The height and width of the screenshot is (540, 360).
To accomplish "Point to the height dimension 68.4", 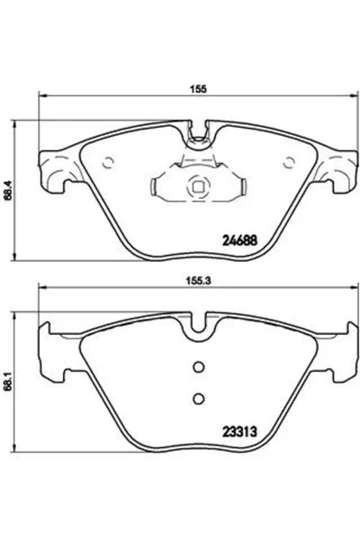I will pyautogui.click(x=10, y=191).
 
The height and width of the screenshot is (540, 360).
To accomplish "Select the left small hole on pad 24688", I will pyautogui.click(x=108, y=163).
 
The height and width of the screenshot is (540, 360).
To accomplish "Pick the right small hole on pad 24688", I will pyautogui.click(x=290, y=163).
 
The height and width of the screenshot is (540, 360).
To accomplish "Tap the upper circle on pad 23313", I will pyautogui.click(x=200, y=366).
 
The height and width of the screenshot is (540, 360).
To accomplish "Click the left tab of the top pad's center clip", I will pyautogui.click(x=159, y=188).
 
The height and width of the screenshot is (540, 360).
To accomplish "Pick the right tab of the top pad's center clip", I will pyautogui.click(x=238, y=188).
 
